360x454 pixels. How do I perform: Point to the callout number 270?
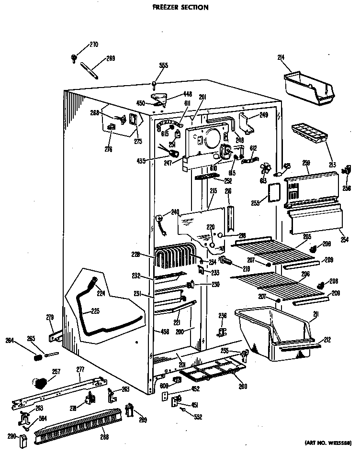(94, 45)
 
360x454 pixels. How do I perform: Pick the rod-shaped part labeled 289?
(89, 69)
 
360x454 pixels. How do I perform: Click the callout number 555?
(164, 65)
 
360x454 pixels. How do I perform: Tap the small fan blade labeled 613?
(265, 170)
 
